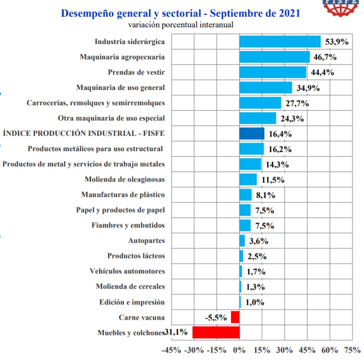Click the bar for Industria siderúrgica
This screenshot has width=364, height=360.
(x=280, y=42)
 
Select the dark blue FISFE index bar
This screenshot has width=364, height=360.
(x=252, y=133)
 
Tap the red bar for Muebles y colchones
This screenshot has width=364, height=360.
(x=216, y=332)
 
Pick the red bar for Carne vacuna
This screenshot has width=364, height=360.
(x=235, y=317)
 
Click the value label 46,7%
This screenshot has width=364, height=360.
(x=325, y=57)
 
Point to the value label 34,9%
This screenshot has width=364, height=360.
(x=308, y=88)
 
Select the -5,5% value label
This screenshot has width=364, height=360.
(x=216, y=317)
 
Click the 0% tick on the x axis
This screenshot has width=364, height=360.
(x=239, y=350)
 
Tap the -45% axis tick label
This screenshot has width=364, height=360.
(x=171, y=350)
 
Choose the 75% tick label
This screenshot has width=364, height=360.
(x=352, y=350)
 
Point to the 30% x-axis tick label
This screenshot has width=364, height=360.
(x=284, y=350)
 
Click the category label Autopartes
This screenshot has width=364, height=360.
(x=147, y=240)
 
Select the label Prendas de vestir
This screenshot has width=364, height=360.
(x=136, y=72)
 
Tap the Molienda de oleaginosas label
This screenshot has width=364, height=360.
(x=125, y=179)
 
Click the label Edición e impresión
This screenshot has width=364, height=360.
(x=132, y=302)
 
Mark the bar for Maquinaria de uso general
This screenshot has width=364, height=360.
(x=266, y=88)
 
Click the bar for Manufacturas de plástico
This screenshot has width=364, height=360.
(x=246, y=195)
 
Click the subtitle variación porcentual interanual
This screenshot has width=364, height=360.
(x=180, y=25)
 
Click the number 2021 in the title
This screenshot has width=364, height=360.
(x=289, y=13)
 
